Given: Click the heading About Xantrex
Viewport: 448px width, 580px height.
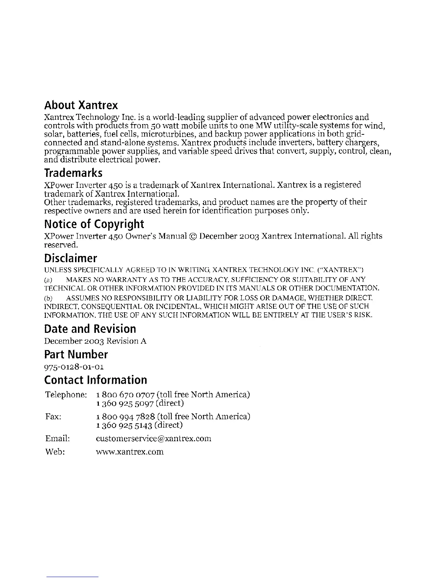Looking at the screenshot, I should pos(81,105).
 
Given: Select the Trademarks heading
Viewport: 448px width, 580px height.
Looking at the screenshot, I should pos(73,172).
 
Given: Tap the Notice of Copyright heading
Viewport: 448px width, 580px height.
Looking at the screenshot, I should pos(94,224).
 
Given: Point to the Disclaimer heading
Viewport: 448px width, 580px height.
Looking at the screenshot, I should pos(71,258).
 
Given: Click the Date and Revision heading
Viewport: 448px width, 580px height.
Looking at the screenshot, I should pos(90,328).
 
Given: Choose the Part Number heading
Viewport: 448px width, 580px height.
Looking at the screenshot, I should pos(76,354).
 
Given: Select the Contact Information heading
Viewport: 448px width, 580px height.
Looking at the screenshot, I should pos(96,380).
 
